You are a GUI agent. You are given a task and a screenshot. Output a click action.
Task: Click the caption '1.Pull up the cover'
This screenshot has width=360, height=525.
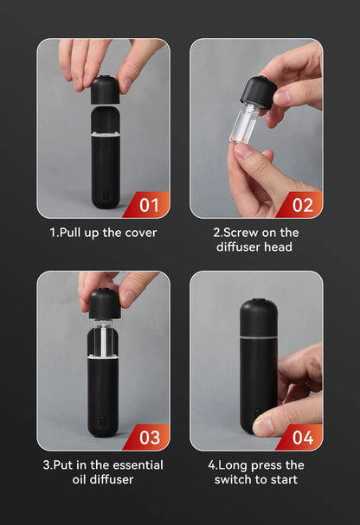point(103,232)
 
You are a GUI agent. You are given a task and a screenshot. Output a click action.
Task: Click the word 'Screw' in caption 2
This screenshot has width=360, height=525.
point(242,232)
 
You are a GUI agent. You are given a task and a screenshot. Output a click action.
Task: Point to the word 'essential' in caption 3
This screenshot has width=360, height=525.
point(133,464)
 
